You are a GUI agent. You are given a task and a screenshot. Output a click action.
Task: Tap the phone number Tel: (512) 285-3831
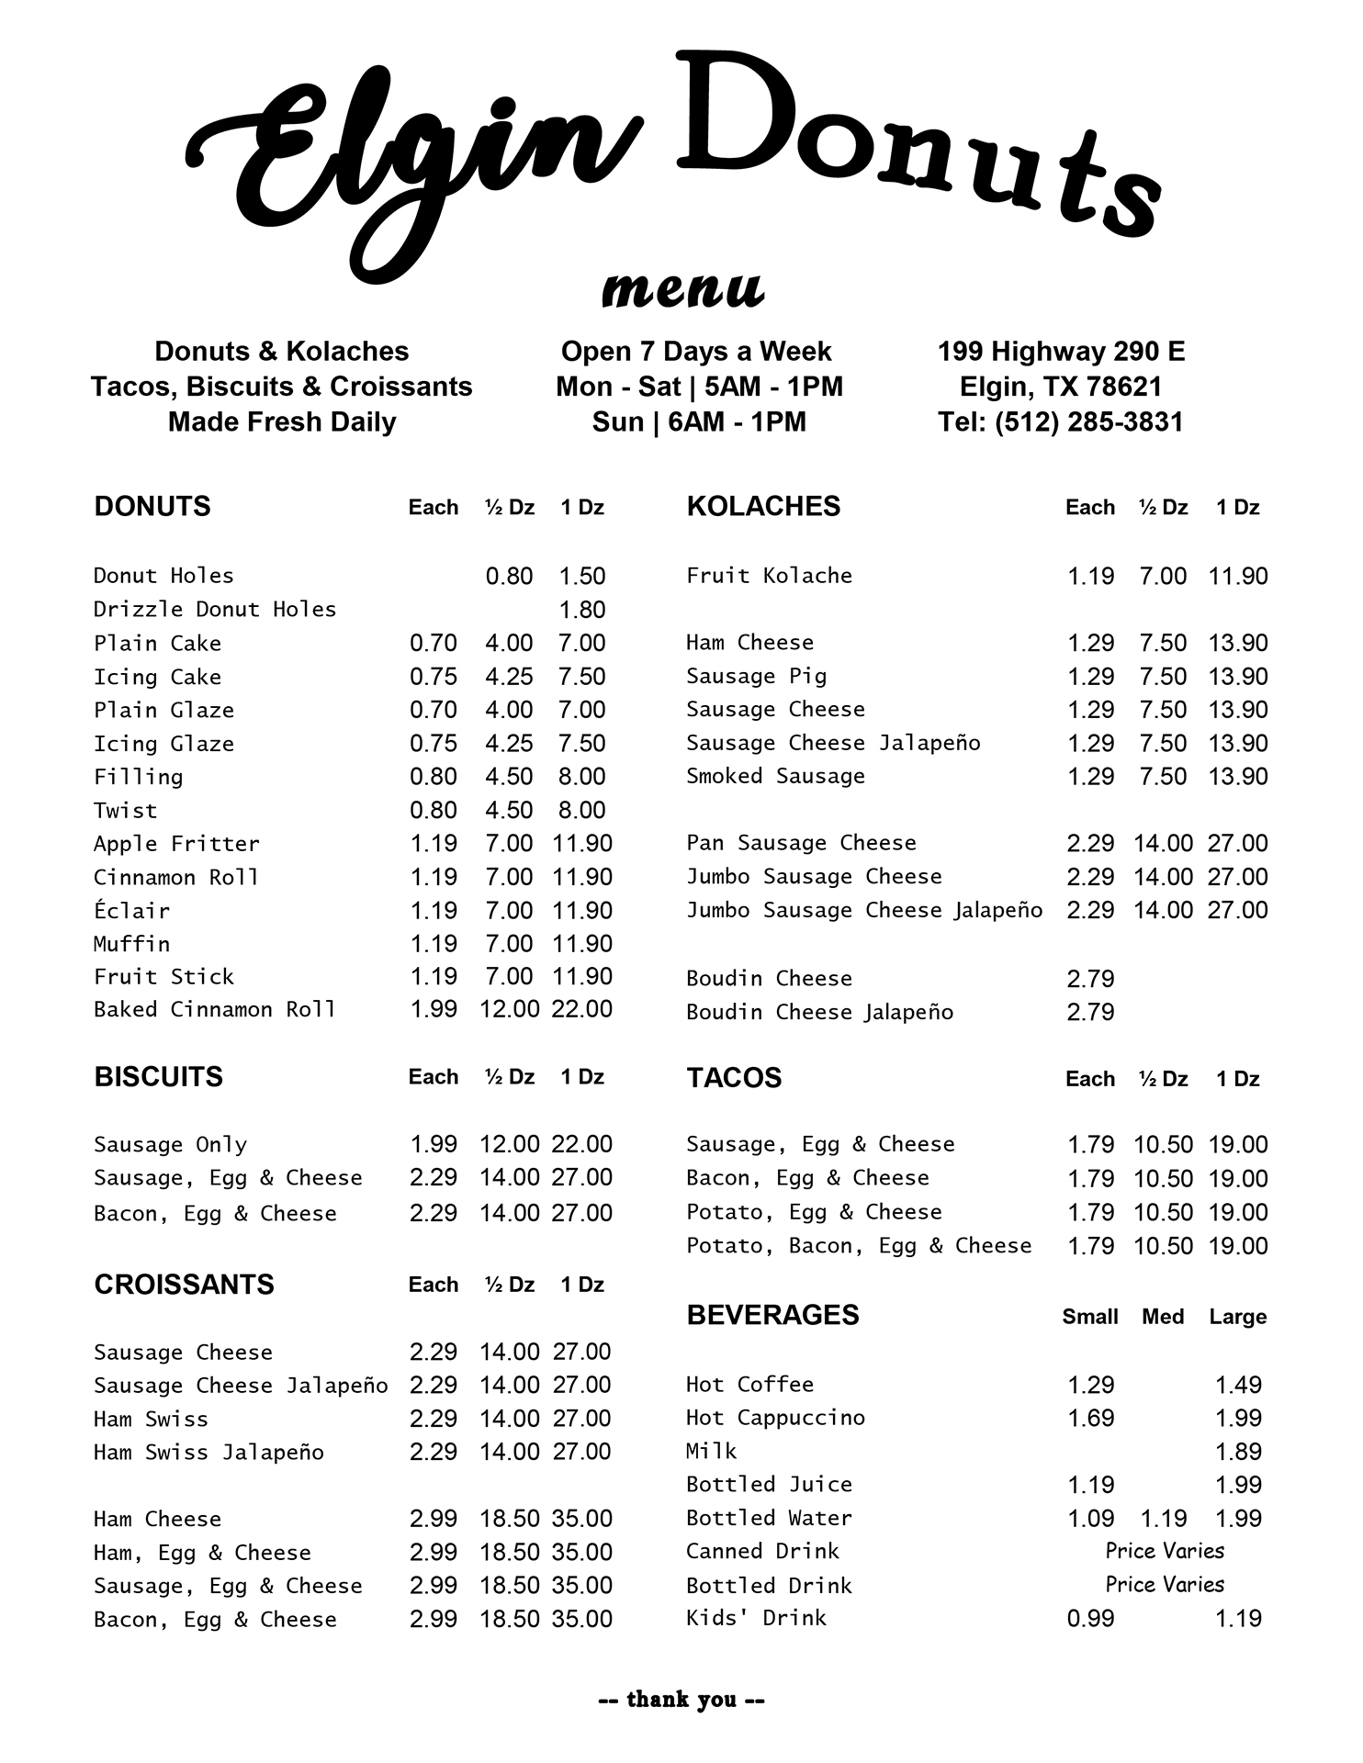click(x=1061, y=421)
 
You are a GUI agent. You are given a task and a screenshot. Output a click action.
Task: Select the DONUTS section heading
click(x=152, y=506)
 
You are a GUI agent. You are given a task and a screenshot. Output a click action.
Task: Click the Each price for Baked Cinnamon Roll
click(x=434, y=1009)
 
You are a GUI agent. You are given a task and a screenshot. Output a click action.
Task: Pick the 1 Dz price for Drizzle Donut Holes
click(x=582, y=610)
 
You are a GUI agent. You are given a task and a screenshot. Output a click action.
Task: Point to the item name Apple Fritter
click(x=176, y=844)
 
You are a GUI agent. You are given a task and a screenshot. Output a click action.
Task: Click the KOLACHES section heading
click(x=763, y=506)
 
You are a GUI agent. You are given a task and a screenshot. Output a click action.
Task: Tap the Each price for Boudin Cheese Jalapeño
click(x=1090, y=1012)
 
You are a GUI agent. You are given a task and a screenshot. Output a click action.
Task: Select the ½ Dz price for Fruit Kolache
click(x=1163, y=577)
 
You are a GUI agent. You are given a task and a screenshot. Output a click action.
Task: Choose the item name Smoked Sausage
click(x=775, y=777)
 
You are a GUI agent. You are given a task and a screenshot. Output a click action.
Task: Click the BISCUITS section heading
click(x=158, y=1076)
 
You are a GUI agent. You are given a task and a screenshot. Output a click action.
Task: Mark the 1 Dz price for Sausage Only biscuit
click(x=582, y=1144)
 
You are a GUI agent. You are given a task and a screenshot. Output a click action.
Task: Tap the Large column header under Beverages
click(x=1238, y=1317)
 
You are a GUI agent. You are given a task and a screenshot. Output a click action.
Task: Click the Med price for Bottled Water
click(x=1163, y=1519)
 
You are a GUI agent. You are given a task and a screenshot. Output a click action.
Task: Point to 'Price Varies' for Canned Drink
click(x=1165, y=1551)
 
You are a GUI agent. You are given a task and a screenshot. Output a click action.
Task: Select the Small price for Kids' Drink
click(x=1090, y=1619)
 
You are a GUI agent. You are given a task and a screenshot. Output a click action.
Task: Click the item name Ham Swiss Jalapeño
click(x=208, y=1453)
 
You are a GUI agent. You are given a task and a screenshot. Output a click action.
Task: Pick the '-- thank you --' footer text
click(x=681, y=1700)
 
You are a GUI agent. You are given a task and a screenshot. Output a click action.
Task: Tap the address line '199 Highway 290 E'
click(x=1061, y=351)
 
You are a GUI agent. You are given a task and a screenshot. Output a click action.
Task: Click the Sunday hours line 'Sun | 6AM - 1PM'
click(x=699, y=421)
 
